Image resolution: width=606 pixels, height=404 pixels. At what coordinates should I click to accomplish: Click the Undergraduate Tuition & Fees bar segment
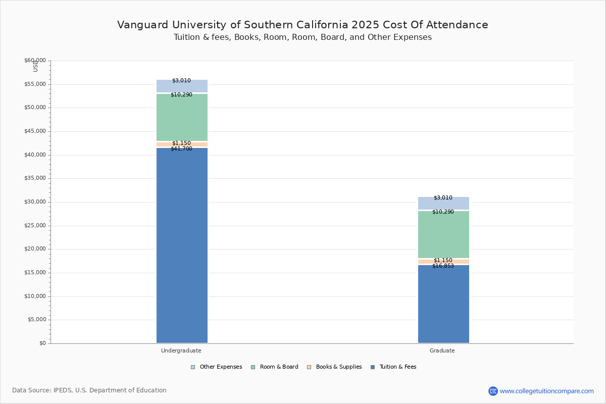[x=182, y=245]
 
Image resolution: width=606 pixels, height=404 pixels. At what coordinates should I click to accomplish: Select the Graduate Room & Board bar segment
[x=444, y=234]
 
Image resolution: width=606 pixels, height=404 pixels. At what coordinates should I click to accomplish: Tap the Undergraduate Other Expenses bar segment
[x=182, y=86]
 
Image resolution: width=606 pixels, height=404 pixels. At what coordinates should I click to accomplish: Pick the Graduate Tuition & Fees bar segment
[x=444, y=304]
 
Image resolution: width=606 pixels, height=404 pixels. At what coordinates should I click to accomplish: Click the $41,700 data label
[x=181, y=148]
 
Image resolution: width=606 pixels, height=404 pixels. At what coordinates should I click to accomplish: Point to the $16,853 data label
[x=443, y=266]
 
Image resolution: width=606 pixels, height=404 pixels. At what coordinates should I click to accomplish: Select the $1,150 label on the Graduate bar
[x=443, y=260]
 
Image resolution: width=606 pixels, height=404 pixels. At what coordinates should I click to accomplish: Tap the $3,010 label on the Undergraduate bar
[x=181, y=80]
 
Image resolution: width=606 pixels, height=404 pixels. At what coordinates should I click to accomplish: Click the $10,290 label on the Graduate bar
[x=443, y=212]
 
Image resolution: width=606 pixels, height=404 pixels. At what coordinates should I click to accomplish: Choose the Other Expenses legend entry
[x=217, y=367]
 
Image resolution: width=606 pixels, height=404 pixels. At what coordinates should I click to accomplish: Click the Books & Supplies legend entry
[x=334, y=367]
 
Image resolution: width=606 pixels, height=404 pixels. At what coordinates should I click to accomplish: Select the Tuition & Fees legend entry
[x=393, y=367]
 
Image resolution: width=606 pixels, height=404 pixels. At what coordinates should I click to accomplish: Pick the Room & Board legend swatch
[x=253, y=367]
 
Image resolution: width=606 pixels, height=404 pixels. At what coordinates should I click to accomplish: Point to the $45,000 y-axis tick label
[x=35, y=131]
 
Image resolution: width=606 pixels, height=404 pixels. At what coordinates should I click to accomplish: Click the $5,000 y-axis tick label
[x=37, y=319]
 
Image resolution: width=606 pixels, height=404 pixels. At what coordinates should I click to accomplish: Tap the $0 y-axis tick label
[x=43, y=343]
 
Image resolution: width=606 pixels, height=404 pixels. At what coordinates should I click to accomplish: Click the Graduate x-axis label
[x=442, y=350]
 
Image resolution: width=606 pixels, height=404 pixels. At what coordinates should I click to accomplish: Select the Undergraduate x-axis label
[x=181, y=350]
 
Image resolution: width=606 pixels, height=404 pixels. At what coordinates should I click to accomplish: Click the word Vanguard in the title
[x=143, y=25]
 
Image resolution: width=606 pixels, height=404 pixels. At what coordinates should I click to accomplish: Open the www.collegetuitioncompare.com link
[x=547, y=391]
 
